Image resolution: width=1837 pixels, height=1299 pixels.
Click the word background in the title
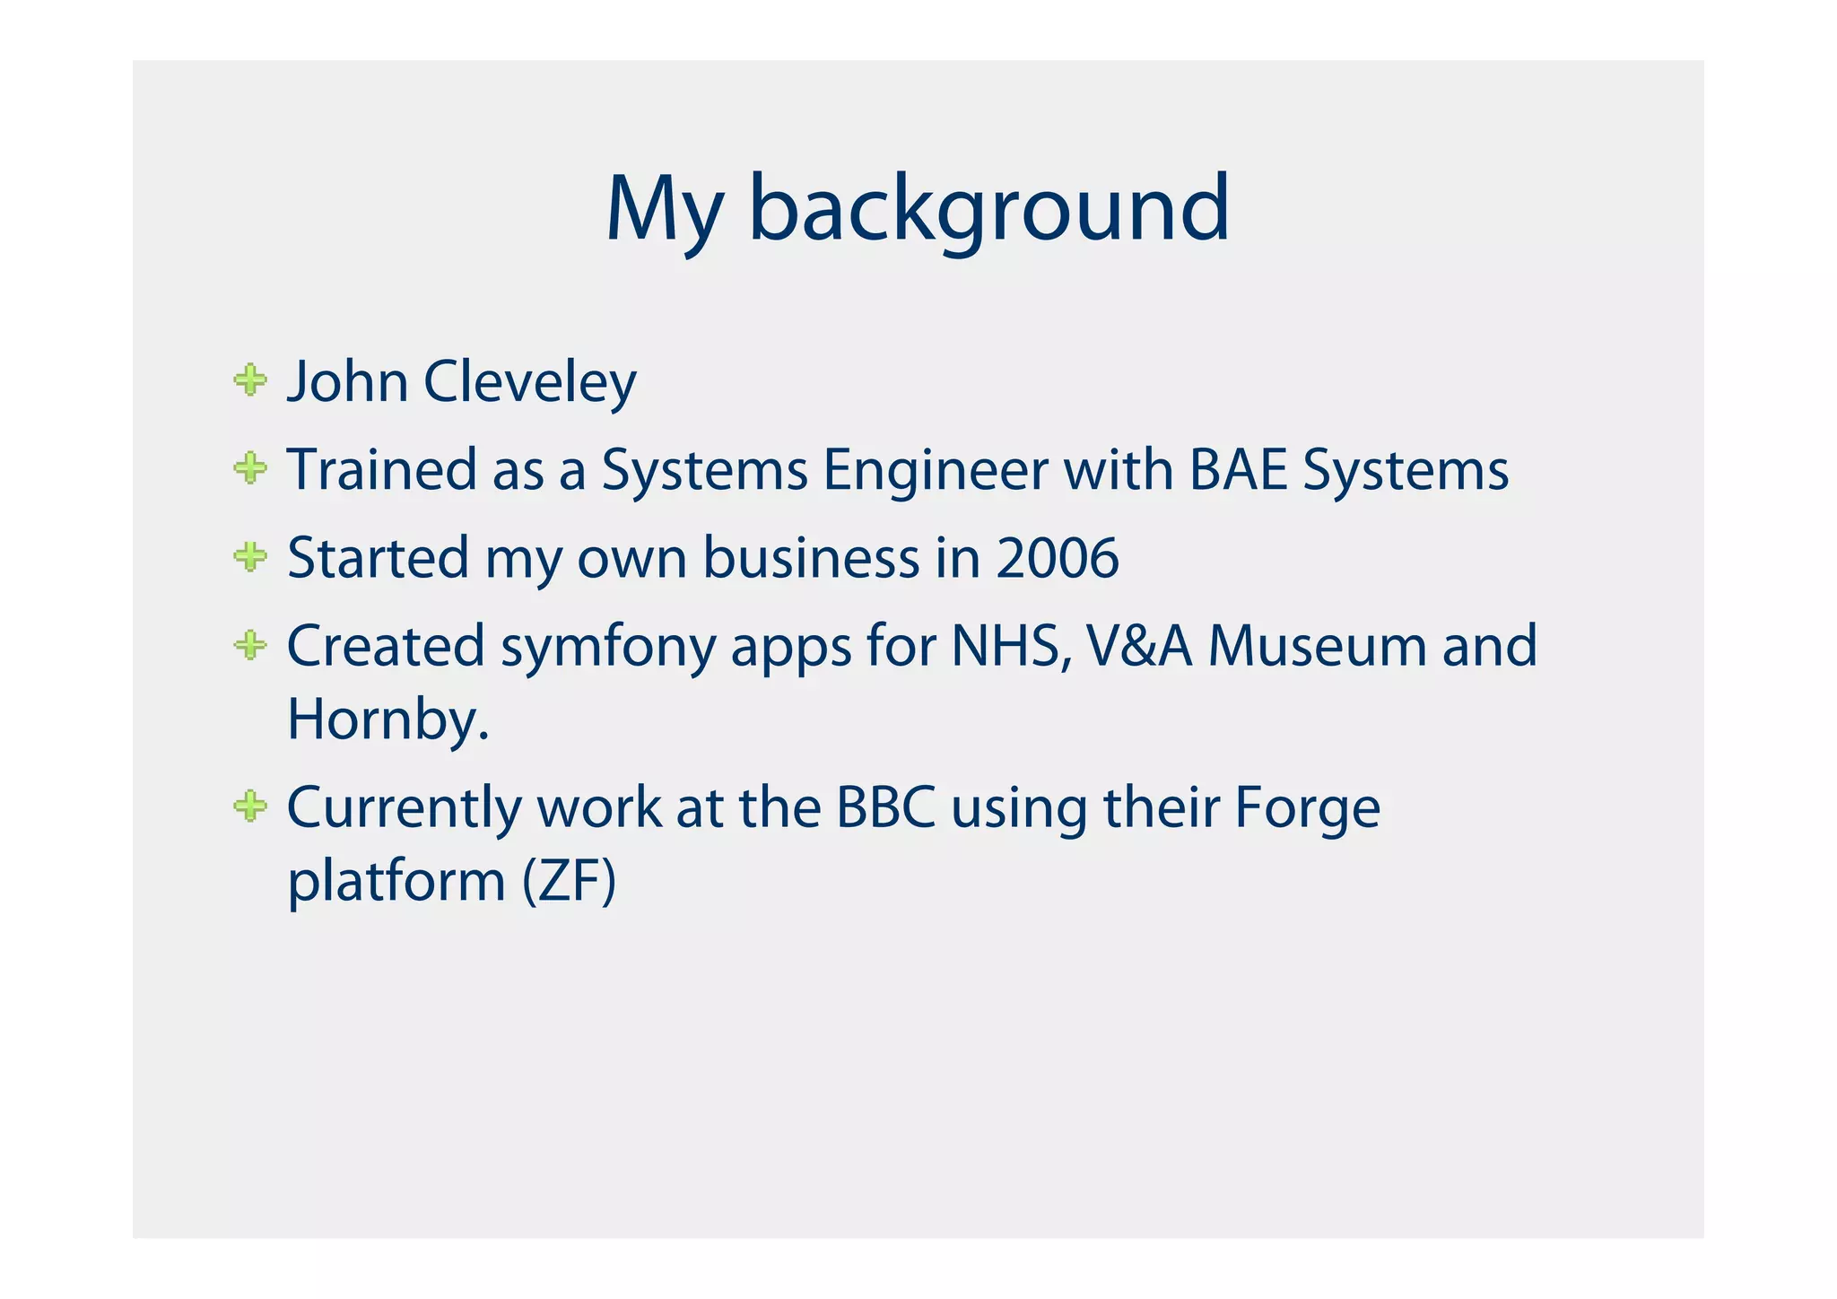click(988, 210)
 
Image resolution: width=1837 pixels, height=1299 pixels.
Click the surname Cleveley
click(529, 382)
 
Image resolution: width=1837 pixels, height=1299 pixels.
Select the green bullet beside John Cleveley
click(250, 380)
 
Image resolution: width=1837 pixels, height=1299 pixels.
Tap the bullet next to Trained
click(250, 468)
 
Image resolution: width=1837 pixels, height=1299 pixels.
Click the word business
click(811, 557)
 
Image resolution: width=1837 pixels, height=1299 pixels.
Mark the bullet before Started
click(250, 557)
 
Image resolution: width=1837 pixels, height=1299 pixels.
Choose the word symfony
click(607, 647)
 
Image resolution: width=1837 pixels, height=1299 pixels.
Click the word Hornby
click(387, 719)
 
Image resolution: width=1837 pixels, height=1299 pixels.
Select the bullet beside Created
click(250, 645)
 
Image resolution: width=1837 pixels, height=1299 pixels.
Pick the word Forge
click(1307, 808)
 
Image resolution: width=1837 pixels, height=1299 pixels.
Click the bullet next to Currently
click(250, 806)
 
